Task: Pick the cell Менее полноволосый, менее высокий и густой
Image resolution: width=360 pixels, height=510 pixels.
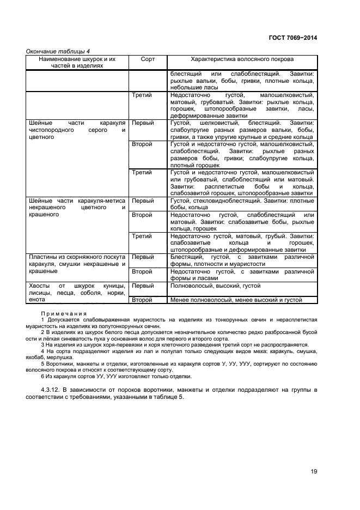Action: (x=235, y=300)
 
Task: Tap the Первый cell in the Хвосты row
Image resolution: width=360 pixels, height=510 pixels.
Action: (x=143, y=286)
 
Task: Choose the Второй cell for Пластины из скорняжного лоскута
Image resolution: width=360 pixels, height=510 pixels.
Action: (x=142, y=271)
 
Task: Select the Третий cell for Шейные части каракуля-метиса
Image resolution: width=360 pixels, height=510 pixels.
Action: (x=142, y=236)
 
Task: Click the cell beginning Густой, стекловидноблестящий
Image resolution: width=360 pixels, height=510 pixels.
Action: (x=242, y=204)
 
